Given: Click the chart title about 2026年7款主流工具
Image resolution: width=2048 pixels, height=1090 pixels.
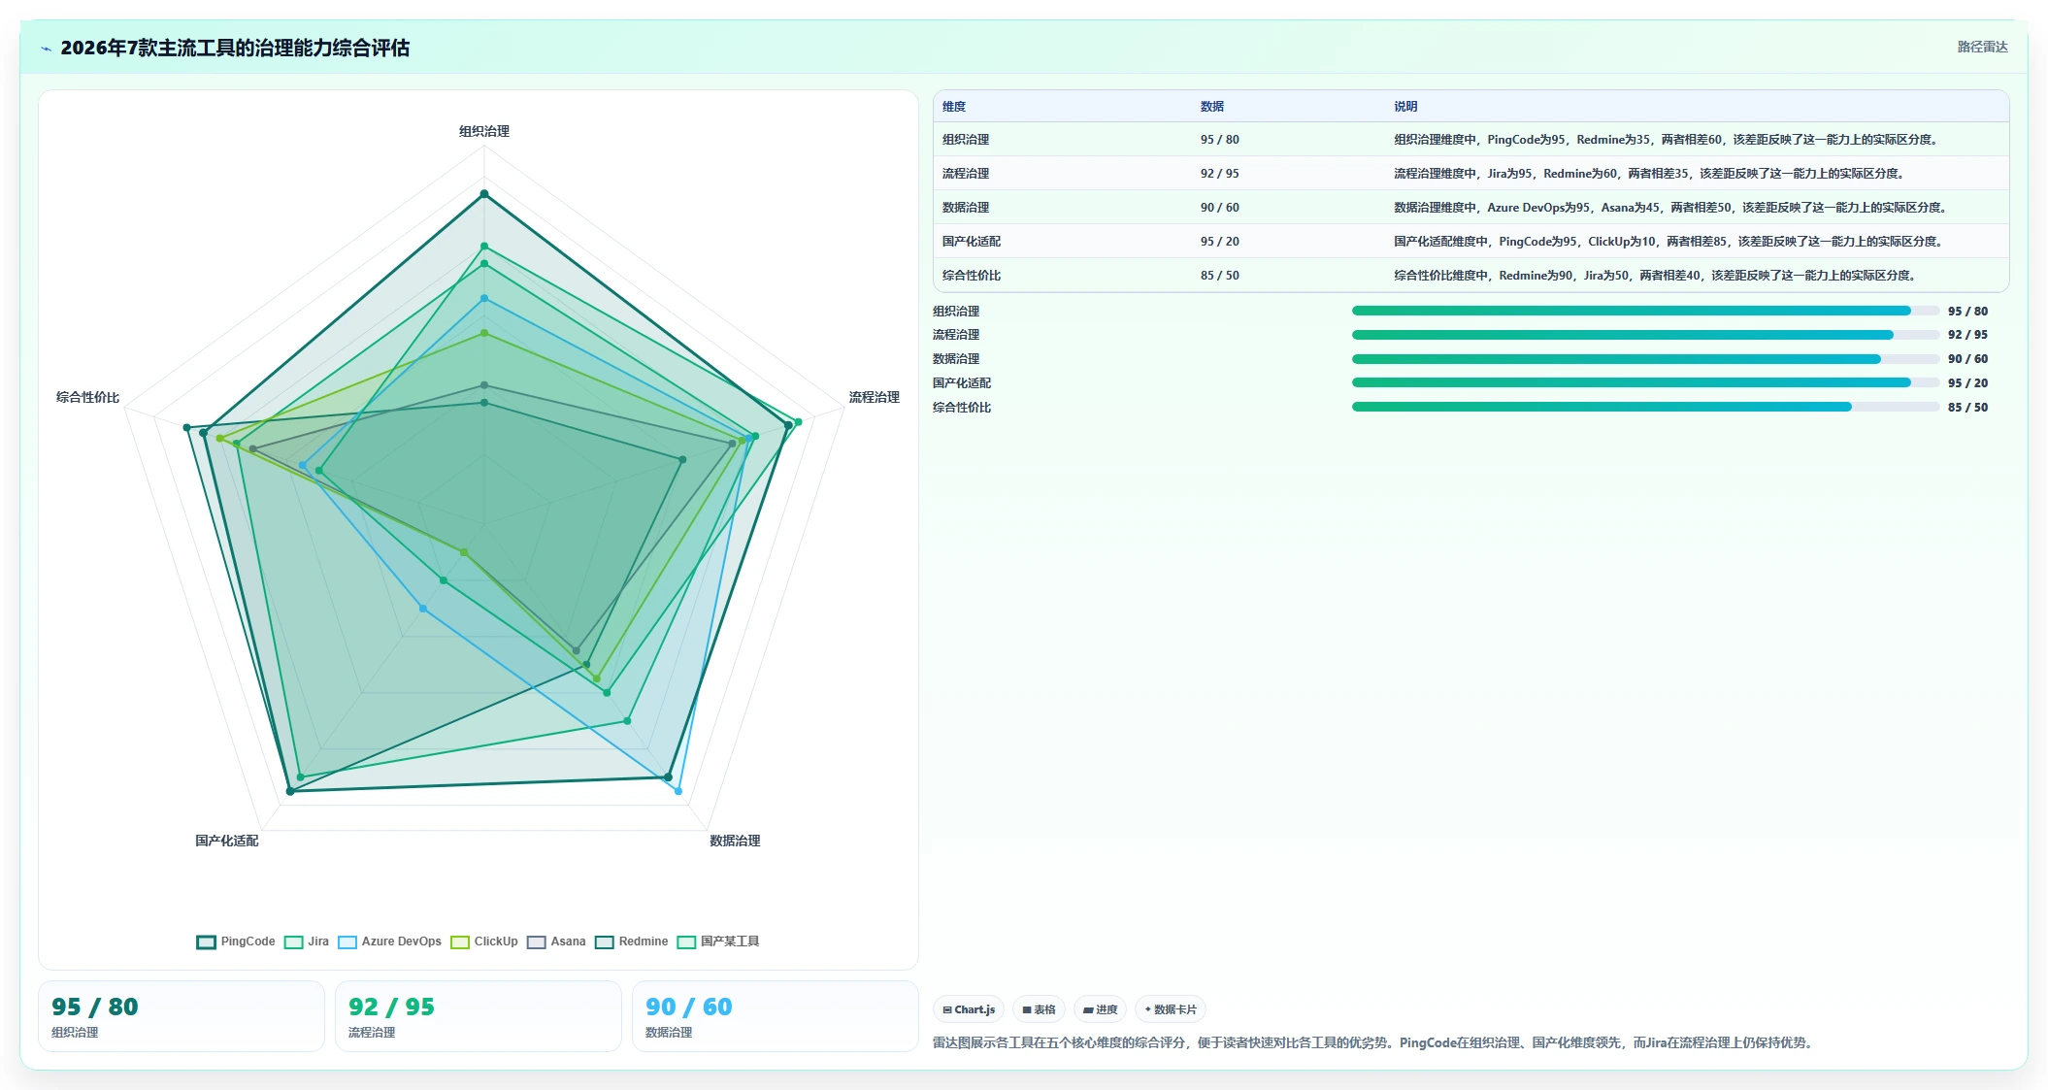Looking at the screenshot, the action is (235, 48).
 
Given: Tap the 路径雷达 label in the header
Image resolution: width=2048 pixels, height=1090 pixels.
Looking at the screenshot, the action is (1982, 47).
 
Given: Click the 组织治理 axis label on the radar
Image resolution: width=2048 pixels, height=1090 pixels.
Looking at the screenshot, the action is (484, 131).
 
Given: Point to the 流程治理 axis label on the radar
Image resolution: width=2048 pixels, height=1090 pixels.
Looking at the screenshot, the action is (874, 397).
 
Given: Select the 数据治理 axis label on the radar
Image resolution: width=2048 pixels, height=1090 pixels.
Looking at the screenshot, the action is (735, 841).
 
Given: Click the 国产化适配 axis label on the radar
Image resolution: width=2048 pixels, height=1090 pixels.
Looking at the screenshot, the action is (227, 841).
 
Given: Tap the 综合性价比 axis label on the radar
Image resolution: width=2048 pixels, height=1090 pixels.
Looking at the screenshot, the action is (87, 397).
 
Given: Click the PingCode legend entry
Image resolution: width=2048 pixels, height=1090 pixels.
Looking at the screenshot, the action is (236, 941).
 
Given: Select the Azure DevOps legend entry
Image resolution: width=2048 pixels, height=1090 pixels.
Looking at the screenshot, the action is (389, 941).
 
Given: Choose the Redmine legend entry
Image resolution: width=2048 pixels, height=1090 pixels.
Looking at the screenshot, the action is (632, 941).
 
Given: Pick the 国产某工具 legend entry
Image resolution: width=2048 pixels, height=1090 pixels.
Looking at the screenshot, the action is (718, 941).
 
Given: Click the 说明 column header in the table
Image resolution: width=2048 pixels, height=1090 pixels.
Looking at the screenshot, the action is (1405, 107).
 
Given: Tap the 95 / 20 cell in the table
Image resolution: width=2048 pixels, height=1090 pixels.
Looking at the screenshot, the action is (1220, 242).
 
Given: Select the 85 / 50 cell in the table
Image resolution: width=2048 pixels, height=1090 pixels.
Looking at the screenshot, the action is (1220, 276).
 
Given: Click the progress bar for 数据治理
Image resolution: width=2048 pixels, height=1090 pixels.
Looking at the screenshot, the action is (1645, 359).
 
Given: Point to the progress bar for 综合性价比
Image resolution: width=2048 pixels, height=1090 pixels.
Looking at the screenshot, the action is (1645, 407).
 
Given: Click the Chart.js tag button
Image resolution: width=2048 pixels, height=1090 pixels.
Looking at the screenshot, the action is (969, 1009).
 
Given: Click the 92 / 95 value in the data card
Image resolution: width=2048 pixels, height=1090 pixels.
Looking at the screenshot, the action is (391, 1007).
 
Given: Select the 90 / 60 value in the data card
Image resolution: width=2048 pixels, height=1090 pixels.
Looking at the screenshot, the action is (688, 1007).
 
